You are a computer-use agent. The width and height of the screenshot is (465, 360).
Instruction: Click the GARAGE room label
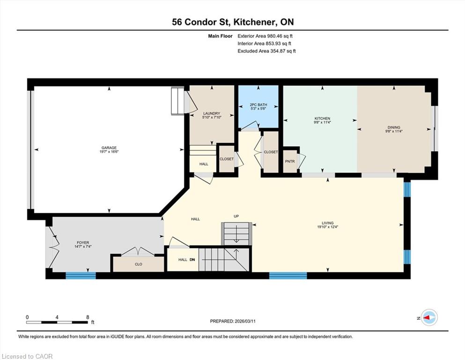[x=109, y=148]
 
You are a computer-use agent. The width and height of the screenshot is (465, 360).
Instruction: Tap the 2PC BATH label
[x=258, y=105]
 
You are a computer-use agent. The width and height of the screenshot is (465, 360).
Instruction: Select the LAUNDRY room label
[x=212, y=113]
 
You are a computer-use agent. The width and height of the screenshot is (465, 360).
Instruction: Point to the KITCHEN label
[x=322, y=119]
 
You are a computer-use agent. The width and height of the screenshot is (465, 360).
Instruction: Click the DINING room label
[x=394, y=127]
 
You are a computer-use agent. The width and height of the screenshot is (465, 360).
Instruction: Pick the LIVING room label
[x=328, y=223]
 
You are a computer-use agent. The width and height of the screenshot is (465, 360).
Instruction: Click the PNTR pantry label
[x=290, y=161]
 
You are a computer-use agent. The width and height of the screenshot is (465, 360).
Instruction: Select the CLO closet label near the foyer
[x=139, y=264]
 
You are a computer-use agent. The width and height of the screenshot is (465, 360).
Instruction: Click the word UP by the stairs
[x=236, y=217]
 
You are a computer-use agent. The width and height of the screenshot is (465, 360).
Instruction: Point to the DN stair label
[x=192, y=260]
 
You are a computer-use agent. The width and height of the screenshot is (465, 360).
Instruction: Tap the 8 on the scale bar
[x=88, y=317]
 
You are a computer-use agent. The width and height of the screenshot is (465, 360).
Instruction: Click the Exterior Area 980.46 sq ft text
[x=265, y=36]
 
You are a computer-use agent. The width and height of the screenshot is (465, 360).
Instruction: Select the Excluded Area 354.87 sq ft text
[x=266, y=51]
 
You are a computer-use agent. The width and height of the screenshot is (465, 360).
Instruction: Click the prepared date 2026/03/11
[x=245, y=321]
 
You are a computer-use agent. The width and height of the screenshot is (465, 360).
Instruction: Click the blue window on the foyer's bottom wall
[x=81, y=276]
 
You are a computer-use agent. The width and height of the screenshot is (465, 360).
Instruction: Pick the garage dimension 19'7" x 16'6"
[x=109, y=152]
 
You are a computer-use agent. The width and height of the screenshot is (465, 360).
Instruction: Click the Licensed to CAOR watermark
[x=27, y=356]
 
